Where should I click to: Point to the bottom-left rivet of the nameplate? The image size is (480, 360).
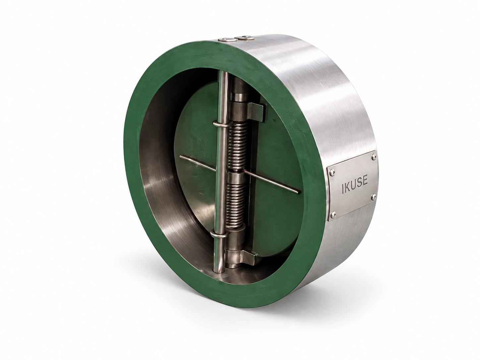tap(333, 215)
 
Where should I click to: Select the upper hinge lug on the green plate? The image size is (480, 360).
tap(257, 112)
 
